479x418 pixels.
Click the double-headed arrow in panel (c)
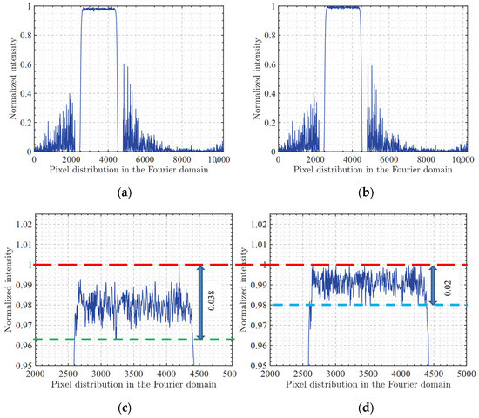[201, 301]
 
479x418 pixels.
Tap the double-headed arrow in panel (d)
[435, 284]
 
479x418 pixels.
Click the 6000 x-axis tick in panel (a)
[149, 159]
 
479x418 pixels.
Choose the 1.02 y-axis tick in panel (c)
[20, 224]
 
